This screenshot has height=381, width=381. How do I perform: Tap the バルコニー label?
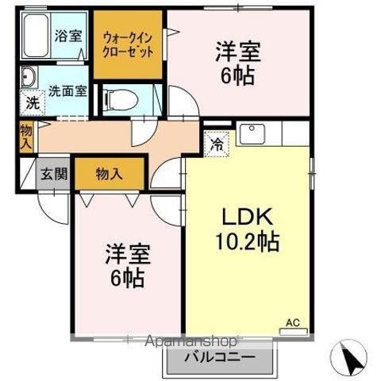tap(221, 358)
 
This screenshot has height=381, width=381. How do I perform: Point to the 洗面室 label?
tap(67, 90)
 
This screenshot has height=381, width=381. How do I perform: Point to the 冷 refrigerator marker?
tap(216, 144)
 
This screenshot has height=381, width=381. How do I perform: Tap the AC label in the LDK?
tap(293, 322)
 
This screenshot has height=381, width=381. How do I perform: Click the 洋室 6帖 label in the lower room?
tap(126, 266)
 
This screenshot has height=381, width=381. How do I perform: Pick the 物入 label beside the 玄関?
tap(109, 174)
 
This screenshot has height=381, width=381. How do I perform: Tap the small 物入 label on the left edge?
tap(26, 137)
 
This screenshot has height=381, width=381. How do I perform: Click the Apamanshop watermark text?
tap(190, 343)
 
